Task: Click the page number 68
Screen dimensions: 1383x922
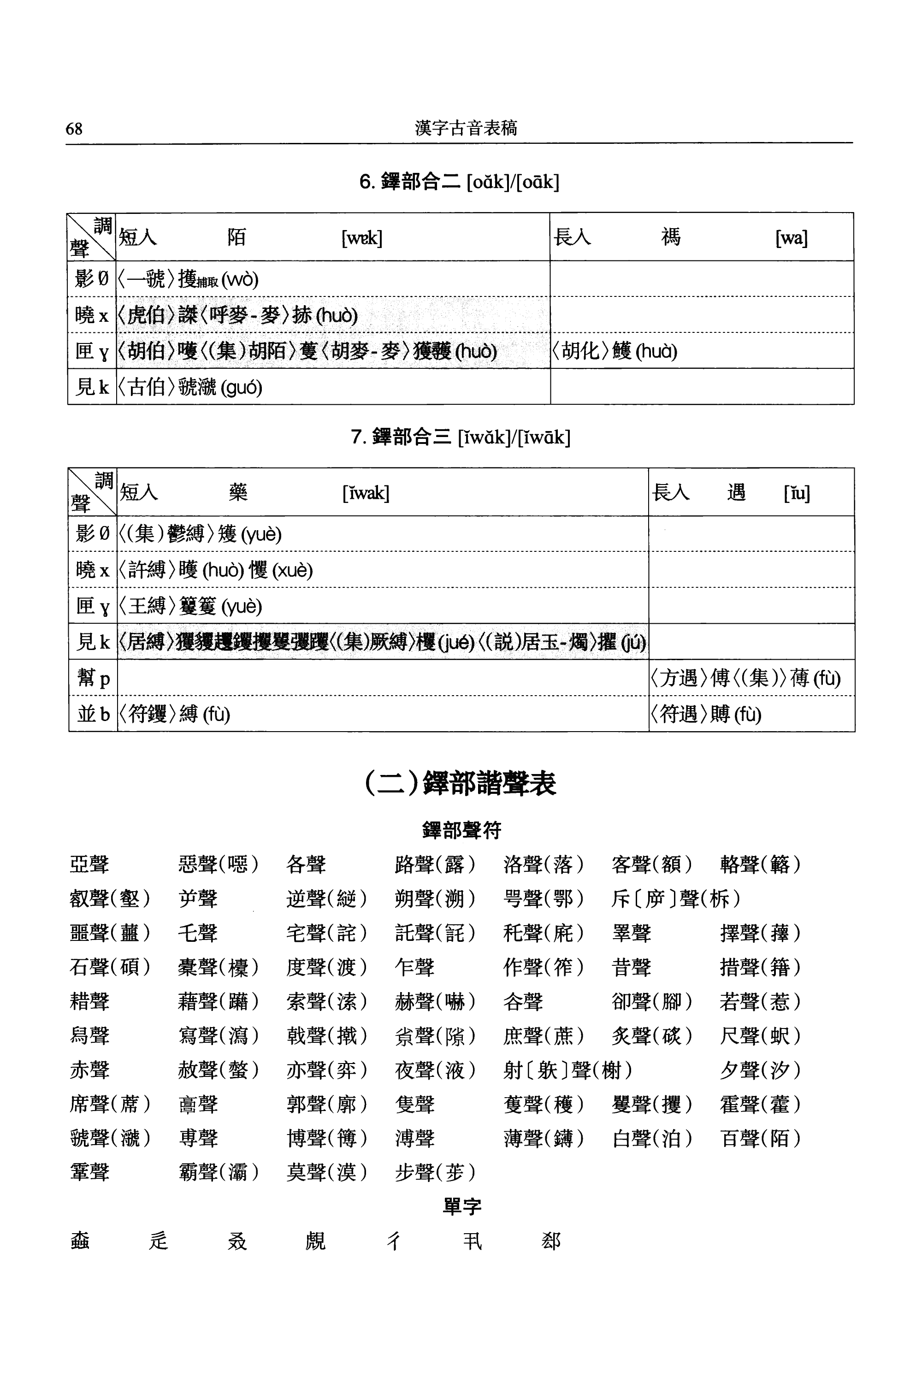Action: pyautogui.click(x=74, y=128)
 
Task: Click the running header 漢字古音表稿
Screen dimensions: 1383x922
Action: pyautogui.click(x=466, y=128)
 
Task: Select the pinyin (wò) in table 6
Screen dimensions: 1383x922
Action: pyautogui.click(x=239, y=279)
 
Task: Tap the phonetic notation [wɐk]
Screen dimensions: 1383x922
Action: pyautogui.click(x=361, y=238)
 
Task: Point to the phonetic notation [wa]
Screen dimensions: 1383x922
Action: pyautogui.click(x=791, y=238)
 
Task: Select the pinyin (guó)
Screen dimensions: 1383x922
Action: pyautogui.click(x=241, y=388)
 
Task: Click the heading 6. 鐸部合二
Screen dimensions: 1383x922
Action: pyautogui.click(x=459, y=182)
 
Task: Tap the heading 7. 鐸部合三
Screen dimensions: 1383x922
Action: pyautogui.click(x=460, y=437)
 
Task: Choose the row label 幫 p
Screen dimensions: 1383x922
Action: pyautogui.click(x=93, y=678)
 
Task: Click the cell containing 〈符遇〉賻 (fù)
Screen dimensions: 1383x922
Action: pyautogui.click(x=706, y=715)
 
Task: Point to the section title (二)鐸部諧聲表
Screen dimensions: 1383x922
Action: pyautogui.click(x=461, y=783)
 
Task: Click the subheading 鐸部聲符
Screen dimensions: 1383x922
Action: pyautogui.click(x=461, y=830)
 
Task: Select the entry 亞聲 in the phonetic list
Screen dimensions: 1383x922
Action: pyautogui.click(x=89, y=864)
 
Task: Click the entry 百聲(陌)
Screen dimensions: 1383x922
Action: pyautogui.click(x=760, y=1138)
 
